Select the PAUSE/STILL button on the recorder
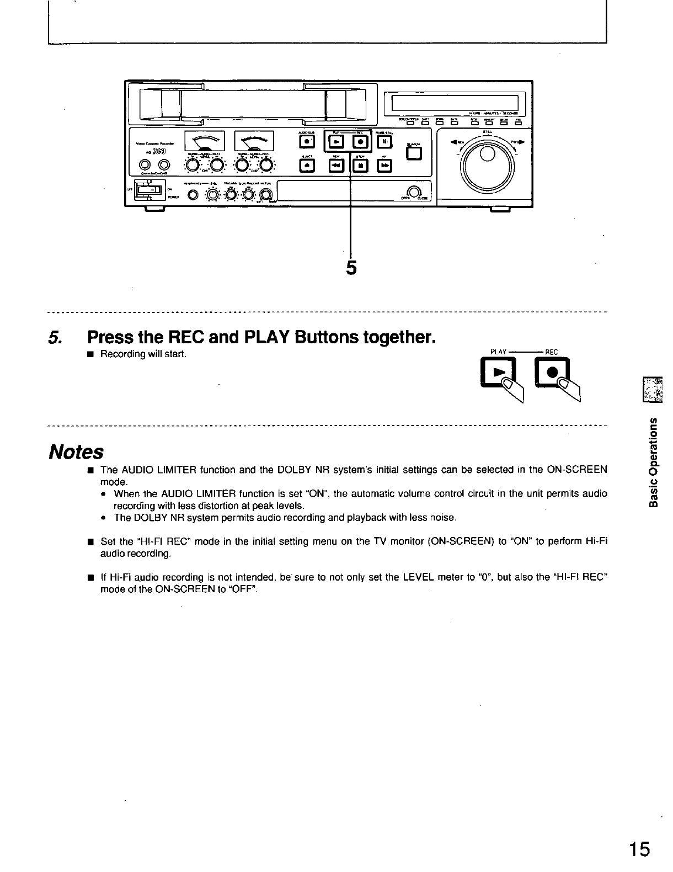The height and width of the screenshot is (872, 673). (x=386, y=142)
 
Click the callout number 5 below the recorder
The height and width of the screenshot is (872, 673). (x=351, y=268)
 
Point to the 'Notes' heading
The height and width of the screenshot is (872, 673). (x=76, y=453)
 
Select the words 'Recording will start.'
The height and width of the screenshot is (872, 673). (x=143, y=354)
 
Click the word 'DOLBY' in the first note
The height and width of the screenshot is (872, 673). (x=277, y=470)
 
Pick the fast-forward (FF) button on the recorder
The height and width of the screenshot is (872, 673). (x=386, y=166)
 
